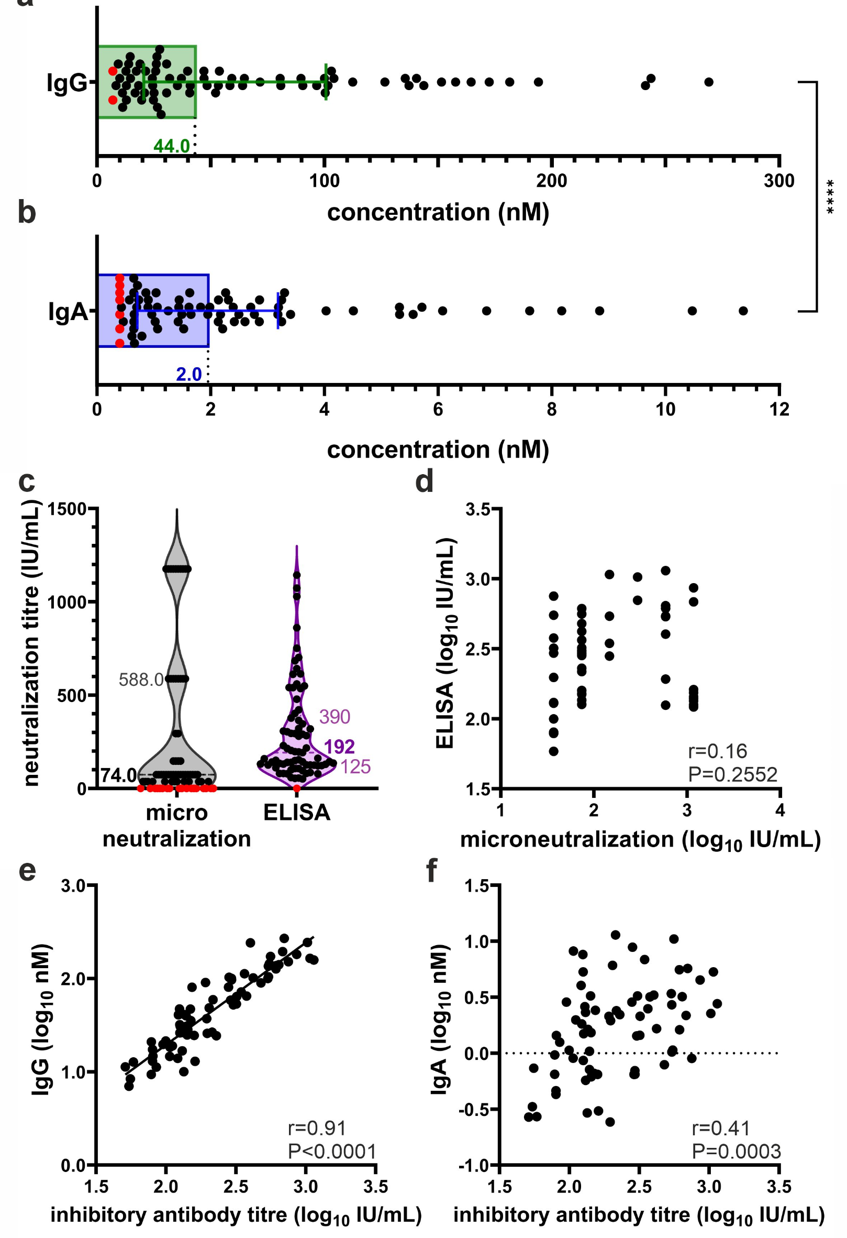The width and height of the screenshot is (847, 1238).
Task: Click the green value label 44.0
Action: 171,146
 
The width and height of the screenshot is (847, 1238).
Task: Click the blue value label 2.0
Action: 188,374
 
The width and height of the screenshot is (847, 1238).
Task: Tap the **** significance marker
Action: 829,197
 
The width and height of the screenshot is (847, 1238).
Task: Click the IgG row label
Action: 66,83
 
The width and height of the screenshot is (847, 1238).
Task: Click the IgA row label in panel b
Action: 68,312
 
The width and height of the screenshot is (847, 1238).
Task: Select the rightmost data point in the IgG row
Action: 709,82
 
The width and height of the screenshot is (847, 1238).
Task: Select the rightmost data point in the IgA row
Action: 743,311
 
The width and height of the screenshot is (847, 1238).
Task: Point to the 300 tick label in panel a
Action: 778,181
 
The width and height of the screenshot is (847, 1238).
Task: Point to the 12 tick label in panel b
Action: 778,410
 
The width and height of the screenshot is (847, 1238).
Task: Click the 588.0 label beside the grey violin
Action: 140,680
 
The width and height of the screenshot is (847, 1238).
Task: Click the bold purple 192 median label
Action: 339,747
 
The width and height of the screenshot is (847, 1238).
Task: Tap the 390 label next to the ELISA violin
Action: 335,717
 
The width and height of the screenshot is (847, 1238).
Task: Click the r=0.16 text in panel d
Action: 717,751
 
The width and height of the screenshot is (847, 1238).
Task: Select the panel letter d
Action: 425,481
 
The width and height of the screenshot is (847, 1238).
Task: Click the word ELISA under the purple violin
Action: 296,813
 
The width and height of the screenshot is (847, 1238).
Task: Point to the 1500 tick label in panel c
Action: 67,509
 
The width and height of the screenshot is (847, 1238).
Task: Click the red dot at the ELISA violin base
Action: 296,788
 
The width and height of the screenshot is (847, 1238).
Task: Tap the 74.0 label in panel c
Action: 119,775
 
